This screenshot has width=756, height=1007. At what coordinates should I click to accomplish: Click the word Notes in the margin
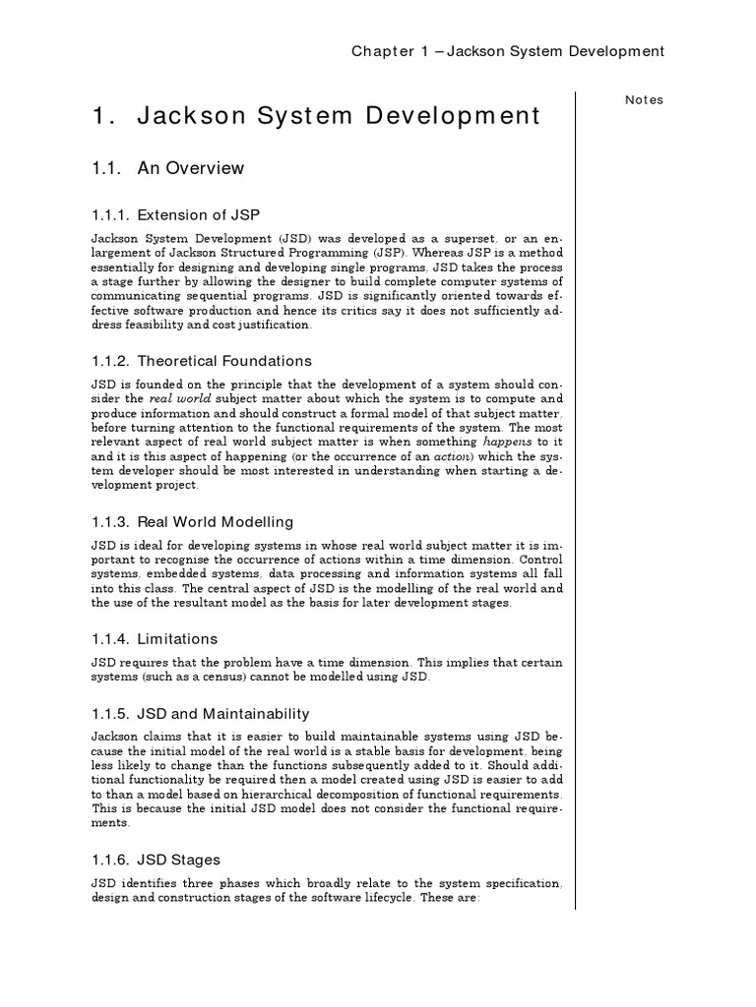pos(645,99)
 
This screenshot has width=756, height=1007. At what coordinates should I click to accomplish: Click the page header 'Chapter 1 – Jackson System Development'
pos(508,51)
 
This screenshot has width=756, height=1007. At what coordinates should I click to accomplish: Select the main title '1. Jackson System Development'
pos(315,116)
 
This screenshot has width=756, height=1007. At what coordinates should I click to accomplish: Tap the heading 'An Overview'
pos(191,168)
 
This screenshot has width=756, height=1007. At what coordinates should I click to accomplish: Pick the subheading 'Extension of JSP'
pos(199,214)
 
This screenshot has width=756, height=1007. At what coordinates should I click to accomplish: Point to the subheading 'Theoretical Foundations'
pos(224,361)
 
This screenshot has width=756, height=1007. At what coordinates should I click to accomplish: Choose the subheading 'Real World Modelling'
pos(216,521)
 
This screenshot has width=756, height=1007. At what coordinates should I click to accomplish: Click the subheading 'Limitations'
pos(178,638)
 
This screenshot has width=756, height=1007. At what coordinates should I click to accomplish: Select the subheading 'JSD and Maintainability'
pos(223,713)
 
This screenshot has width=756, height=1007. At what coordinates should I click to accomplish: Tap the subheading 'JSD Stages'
pos(179,859)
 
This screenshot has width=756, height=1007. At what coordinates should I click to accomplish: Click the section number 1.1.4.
pos(111,638)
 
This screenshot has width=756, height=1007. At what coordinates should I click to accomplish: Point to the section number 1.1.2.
pos(111,361)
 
